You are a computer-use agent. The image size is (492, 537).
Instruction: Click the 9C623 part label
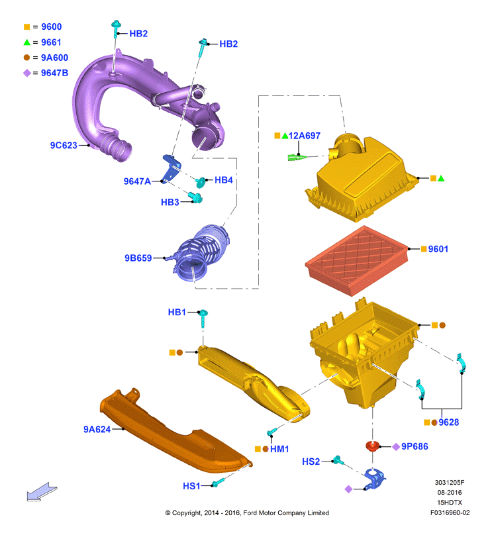point(64,145)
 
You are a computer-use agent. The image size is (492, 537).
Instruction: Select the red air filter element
point(357,260)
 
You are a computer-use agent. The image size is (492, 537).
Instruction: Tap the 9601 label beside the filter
point(438,249)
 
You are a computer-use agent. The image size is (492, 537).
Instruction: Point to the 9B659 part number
point(138,258)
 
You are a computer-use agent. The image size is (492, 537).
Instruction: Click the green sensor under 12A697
point(297,157)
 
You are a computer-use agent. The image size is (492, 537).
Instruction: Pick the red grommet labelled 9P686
point(373,446)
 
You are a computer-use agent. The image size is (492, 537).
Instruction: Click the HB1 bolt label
point(177,312)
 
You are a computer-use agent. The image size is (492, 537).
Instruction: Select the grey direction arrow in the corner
point(42,491)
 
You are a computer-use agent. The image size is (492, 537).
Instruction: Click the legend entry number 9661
point(51,42)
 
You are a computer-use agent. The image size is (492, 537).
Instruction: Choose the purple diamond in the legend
point(27,73)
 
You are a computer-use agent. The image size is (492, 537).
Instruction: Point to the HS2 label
point(311,462)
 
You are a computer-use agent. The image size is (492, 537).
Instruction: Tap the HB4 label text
point(224,180)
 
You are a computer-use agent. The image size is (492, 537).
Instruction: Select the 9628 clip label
point(448,422)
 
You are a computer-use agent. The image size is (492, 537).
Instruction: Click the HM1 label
point(279,449)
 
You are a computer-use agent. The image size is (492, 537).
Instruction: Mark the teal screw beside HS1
point(217,483)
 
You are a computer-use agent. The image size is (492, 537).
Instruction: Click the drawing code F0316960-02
point(450,513)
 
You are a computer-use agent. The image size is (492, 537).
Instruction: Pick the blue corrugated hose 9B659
point(199,253)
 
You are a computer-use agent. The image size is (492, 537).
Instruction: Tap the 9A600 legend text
point(54,58)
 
